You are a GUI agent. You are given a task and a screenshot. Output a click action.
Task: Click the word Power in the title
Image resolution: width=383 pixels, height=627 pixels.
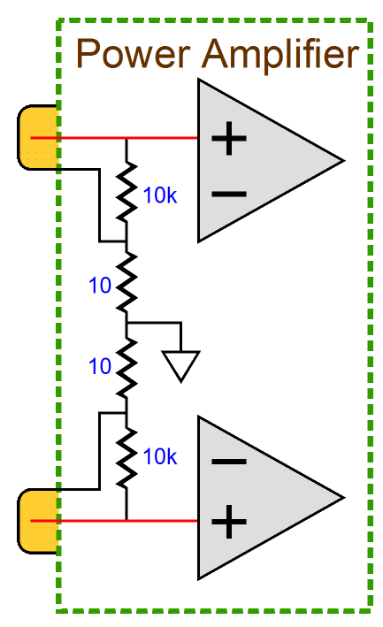[x=134, y=54]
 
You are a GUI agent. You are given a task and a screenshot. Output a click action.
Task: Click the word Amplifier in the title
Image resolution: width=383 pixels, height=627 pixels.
[x=280, y=54]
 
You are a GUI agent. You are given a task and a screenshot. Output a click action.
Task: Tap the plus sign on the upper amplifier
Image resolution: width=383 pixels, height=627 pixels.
[x=229, y=138]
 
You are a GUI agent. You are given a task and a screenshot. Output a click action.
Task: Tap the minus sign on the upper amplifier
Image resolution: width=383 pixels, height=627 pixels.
[x=229, y=195]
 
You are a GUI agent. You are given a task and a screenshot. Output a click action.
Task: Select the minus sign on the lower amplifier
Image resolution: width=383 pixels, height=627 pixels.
[x=229, y=462]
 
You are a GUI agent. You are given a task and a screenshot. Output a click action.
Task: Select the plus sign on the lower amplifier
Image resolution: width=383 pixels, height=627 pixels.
[x=229, y=521]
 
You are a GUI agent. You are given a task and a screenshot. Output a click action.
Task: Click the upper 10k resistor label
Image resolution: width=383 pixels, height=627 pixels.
[x=160, y=195]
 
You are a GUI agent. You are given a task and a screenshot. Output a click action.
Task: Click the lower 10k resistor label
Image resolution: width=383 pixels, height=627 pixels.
[x=160, y=456]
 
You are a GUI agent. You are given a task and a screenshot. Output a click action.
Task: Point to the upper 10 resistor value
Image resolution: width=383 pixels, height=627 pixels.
[x=100, y=286]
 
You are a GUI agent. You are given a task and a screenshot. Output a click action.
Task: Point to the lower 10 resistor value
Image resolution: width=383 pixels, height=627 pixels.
[x=100, y=366]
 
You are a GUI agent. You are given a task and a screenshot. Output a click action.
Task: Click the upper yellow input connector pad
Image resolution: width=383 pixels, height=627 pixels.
[x=38, y=138]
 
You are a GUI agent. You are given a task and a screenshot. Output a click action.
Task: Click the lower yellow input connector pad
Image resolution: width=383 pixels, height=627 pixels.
[x=38, y=521]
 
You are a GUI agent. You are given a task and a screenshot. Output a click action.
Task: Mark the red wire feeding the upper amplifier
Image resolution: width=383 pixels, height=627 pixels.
[x=114, y=138]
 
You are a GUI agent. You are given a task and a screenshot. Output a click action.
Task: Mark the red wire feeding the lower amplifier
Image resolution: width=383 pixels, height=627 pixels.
[x=114, y=521]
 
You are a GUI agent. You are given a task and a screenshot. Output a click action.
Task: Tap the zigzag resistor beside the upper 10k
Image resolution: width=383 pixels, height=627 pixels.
[x=126, y=192]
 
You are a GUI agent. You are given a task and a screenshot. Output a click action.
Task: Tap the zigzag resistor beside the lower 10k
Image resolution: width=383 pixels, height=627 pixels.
[x=126, y=458]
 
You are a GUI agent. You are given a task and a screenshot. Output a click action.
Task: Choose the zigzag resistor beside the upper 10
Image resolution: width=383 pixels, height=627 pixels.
[x=126, y=282]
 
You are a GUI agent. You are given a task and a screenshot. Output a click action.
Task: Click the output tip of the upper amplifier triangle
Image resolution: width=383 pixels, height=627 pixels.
[x=344, y=161]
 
